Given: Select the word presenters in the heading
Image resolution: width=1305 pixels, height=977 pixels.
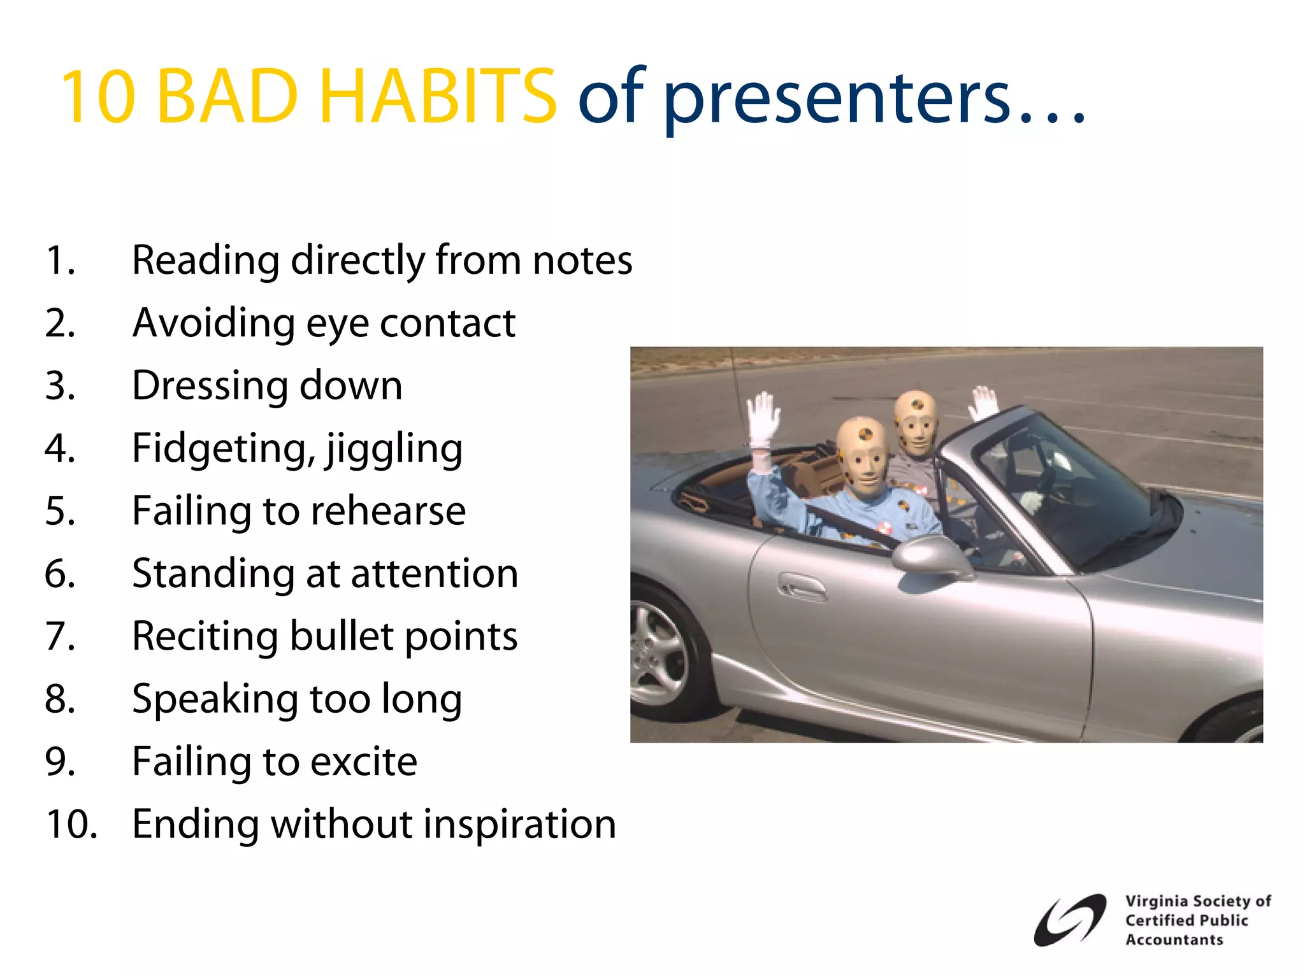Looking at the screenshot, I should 836,99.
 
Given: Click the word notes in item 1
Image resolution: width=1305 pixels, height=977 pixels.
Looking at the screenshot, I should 582,260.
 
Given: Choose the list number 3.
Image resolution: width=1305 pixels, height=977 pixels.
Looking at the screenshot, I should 60,385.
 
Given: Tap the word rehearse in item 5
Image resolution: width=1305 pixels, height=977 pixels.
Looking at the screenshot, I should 388,511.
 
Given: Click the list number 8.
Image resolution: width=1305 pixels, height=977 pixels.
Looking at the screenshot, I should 60,699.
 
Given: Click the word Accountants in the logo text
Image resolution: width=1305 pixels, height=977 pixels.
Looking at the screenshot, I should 1174,940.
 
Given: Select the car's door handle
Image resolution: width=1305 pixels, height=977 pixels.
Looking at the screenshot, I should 802,587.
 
